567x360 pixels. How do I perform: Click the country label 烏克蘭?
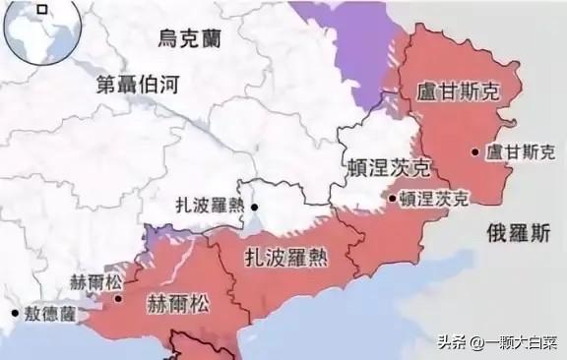pyautogui.click(x=193, y=39)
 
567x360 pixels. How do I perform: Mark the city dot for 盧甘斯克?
pyautogui.click(x=475, y=151)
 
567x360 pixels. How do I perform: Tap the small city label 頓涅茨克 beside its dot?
pyautogui.click(x=434, y=198)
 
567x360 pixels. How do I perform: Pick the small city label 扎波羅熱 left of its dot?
pyautogui.click(x=210, y=207)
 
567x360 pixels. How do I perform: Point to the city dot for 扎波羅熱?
pyautogui.click(x=254, y=208)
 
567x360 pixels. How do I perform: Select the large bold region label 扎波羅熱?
pyautogui.click(x=286, y=258)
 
